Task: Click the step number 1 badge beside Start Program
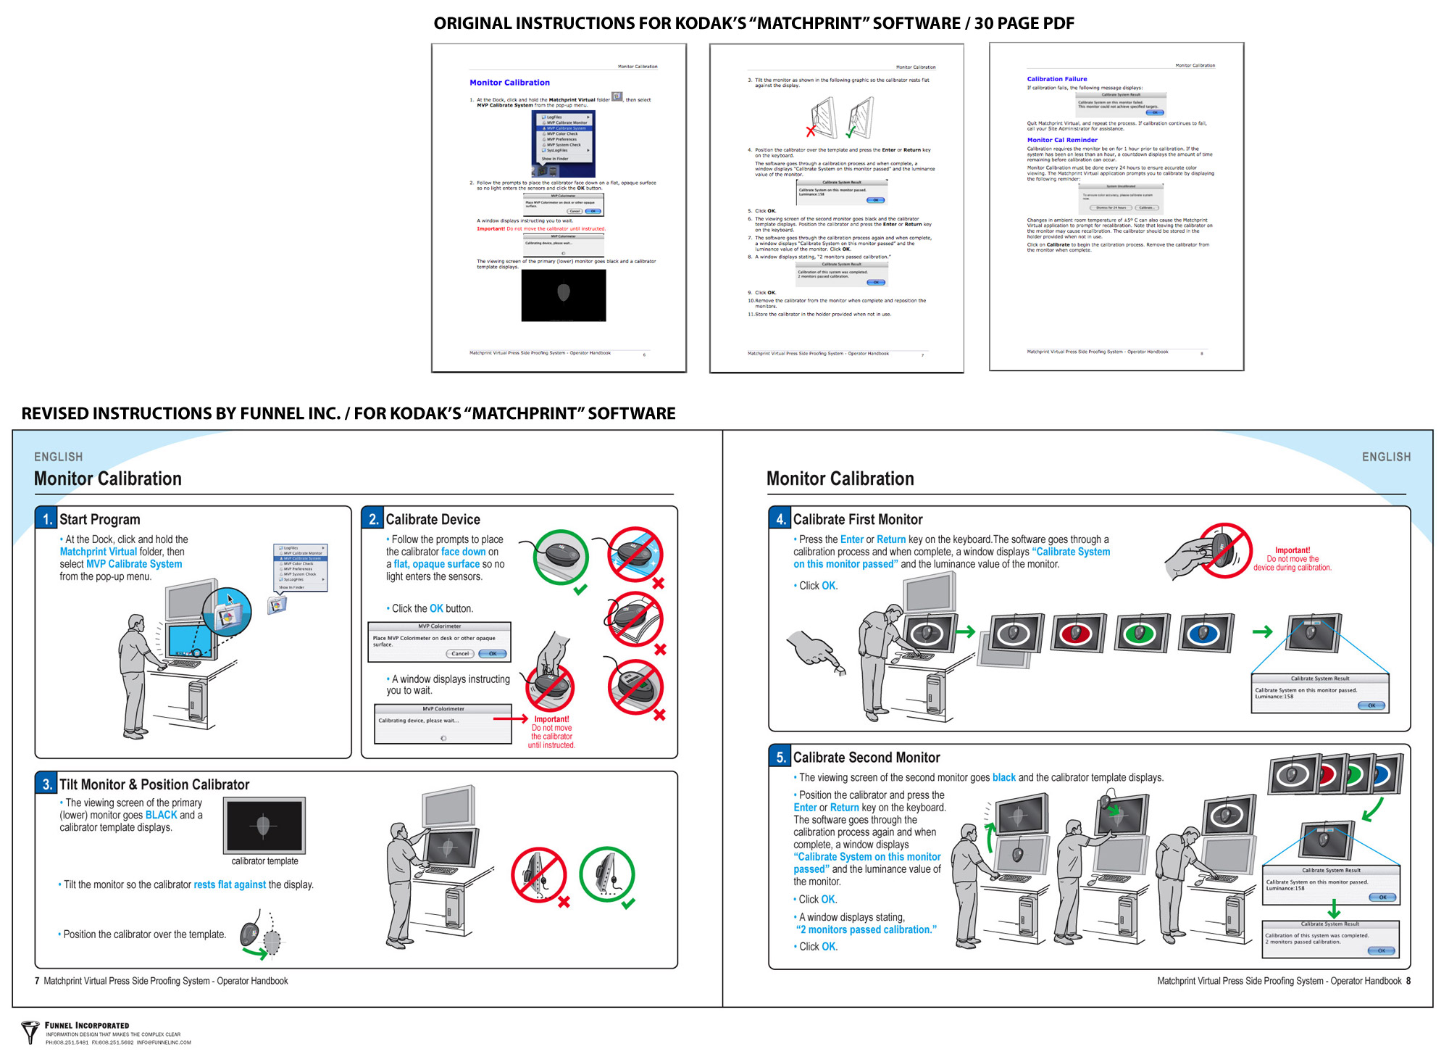[47, 519]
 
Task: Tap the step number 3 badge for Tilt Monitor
[47, 784]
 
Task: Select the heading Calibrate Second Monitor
[867, 758]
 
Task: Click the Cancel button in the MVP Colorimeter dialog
[460, 654]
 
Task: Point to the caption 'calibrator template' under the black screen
[264, 861]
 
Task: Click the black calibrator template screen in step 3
[264, 825]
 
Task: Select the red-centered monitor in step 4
[1077, 633]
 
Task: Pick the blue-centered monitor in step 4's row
[1205, 633]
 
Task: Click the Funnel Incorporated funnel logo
[30, 1032]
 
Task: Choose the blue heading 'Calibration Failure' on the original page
[1057, 79]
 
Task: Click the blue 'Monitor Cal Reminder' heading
[1062, 140]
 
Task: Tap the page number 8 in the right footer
[1408, 981]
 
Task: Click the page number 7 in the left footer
[37, 981]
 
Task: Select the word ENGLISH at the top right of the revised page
[1386, 457]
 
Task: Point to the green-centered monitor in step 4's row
[1141, 633]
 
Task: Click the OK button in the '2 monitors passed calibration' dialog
[1382, 950]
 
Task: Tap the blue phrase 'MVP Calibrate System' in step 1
[134, 564]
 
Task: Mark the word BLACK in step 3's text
[161, 815]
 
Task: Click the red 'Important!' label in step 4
[1293, 550]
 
